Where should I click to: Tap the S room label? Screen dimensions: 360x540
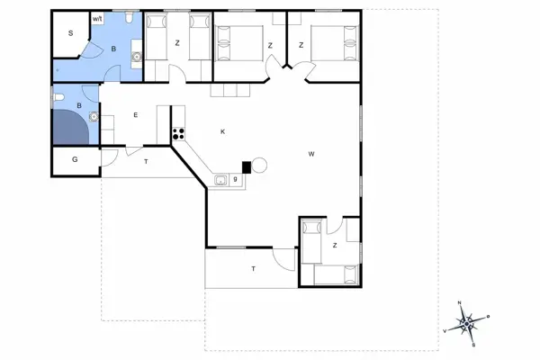[70, 33]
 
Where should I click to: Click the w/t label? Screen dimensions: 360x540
[97, 18]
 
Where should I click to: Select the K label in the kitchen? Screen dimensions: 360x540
[222, 132]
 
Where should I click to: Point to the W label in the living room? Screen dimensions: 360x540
[311, 154]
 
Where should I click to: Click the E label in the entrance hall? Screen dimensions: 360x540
[135, 114]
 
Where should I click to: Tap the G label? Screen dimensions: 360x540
[75, 160]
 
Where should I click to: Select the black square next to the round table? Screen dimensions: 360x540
[245, 166]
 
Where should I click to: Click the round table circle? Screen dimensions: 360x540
[259, 166]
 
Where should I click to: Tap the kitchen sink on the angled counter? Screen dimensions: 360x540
[220, 180]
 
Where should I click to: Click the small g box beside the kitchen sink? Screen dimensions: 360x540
[235, 180]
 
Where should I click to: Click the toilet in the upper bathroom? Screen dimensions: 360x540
[131, 19]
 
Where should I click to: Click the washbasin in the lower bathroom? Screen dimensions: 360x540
[93, 115]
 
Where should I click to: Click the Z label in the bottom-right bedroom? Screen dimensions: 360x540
[334, 245]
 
